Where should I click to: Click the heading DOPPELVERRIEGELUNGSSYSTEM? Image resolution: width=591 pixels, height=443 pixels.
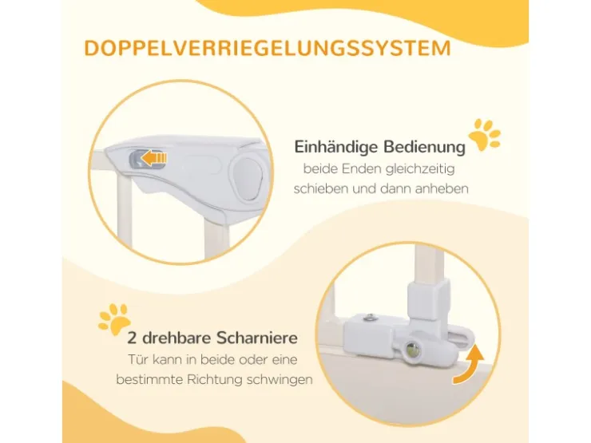click(268, 48)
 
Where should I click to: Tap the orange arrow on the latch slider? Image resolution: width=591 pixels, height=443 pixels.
click(154, 157)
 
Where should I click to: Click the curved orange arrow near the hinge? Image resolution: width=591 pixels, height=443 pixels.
click(470, 365)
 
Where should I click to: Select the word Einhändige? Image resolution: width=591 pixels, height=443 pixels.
click(335, 148)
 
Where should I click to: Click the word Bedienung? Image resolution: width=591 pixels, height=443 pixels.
click(424, 146)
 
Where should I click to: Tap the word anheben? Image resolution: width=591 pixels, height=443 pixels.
click(442, 188)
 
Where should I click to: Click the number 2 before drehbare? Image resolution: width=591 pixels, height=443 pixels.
click(132, 338)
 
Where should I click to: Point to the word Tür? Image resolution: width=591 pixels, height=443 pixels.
click(138, 359)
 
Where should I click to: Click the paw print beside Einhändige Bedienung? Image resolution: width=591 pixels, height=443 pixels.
click(484, 134)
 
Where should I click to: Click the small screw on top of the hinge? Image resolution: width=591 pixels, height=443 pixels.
click(370, 318)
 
